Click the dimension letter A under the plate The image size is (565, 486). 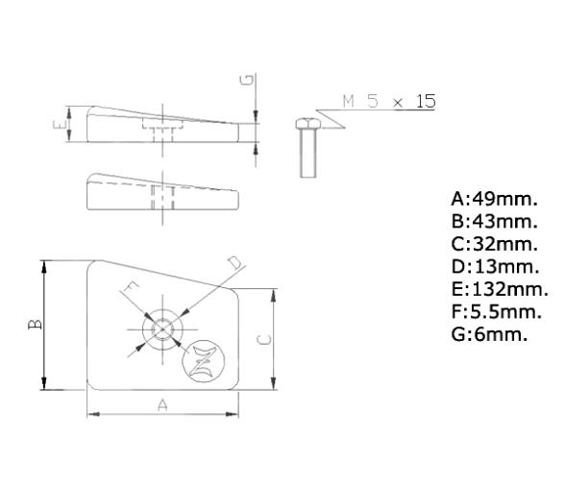point(162,406)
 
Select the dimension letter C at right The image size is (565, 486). point(266,337)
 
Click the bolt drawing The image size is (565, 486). point(306,149)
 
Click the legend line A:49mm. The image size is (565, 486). point(494,201)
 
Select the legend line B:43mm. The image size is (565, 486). point(494,223)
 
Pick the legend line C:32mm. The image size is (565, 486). point(494,245)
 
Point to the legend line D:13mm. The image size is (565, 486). point(494,267)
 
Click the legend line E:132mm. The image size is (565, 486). point(499,289)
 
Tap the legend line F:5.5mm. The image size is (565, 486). point(496,311)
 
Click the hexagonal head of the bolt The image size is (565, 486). point(306,123)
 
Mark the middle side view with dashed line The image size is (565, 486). point(160,191)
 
